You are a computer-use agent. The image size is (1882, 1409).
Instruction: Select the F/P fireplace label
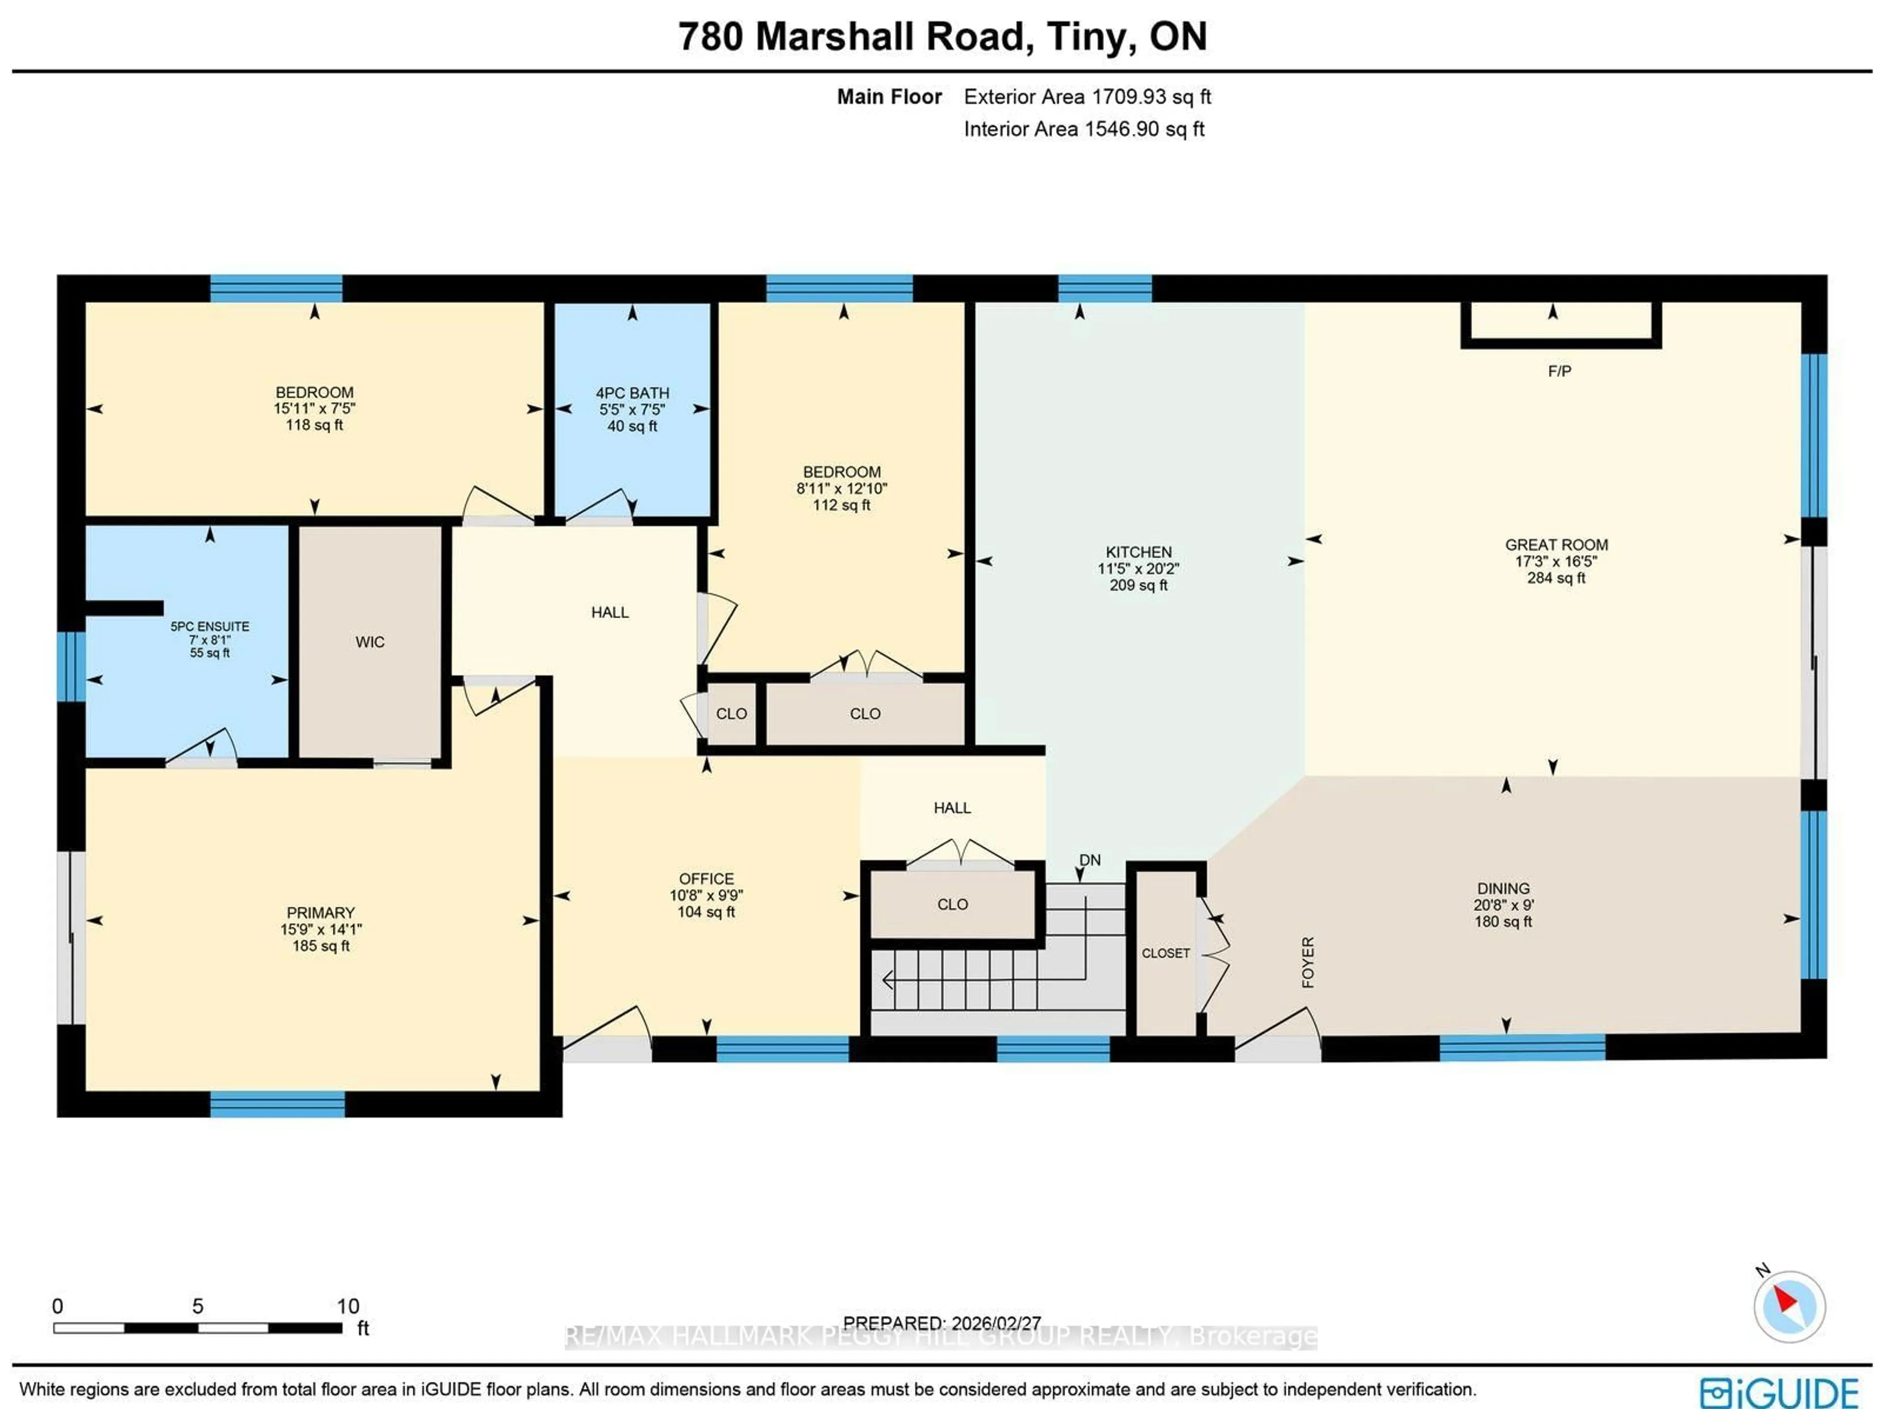[x=1559, y=371]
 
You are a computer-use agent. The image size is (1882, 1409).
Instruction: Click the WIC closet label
[x=370, y=643]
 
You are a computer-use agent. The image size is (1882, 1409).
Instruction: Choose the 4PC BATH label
[x=632, y=393]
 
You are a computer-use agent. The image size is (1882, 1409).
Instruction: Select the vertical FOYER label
[x=1308, y=963]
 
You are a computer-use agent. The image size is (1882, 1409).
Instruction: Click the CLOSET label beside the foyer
[x=1165, y=953]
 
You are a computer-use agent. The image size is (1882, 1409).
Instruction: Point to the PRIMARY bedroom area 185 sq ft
[x=321, y=945]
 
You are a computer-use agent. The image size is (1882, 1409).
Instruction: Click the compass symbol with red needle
[x=1788, y=1306]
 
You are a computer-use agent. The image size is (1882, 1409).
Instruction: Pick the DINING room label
[x=1503, y=888]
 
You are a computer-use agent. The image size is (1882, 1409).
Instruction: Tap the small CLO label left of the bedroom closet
[x=731, y=714]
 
